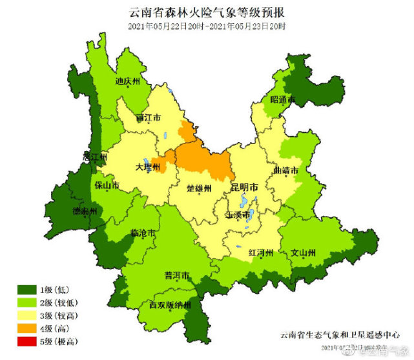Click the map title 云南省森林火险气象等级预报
[207, 12]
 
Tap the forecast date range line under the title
[207, 26]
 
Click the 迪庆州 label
[128, 82]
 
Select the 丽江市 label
[149, 118]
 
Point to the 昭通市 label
[282, 100]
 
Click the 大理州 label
[147, 166]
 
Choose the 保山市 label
[107, 186]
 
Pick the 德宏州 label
[84, 212]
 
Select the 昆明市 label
[244, 187]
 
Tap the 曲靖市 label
[285, 171]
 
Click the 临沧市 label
[143, 234]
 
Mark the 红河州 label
[262, 252]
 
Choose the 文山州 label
[303, 252]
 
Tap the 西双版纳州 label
[171, 305]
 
